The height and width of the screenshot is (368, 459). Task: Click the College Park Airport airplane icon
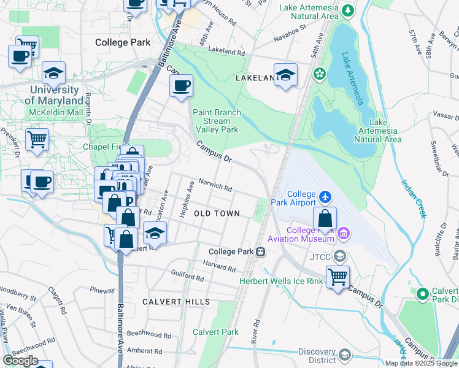pyautogui.click(x=325, y=197)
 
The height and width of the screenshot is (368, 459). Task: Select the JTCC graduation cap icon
pyautogui.click(x=339, y=256)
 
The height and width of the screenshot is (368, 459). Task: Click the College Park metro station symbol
pyautogui.click(x=261, y=251)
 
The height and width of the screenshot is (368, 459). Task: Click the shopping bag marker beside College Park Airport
pyautogui.click(x=325, y=218)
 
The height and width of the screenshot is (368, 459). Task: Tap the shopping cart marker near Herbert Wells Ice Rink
pyautogui.click(x=337, y=277)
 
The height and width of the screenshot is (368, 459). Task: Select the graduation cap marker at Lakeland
pyautogui.click(x=285, y=75)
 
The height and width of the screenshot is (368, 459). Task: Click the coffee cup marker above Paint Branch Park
pyautogui.click(x=181, y=86)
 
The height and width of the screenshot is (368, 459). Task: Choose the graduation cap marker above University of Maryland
pyautogui.click(x=54, y=74)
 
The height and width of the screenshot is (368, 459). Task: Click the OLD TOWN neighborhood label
pyautogui.click(x=216, y=213)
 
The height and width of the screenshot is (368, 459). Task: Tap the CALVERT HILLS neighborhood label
pyautogui.click(x=176, y=302)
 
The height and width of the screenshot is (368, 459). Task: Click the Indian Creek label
pyautogui.click(x=414, y=199)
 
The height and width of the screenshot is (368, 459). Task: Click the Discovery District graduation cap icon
pyautogui.click(x=344, y=355)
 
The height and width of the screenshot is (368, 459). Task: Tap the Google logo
pyautogui.click(x=20, y=360)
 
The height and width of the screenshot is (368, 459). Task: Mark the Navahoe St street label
pyautogui.click(x=290, y=29)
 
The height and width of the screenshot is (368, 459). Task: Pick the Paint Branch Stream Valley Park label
pyautogui.click(x=217, y=121)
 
